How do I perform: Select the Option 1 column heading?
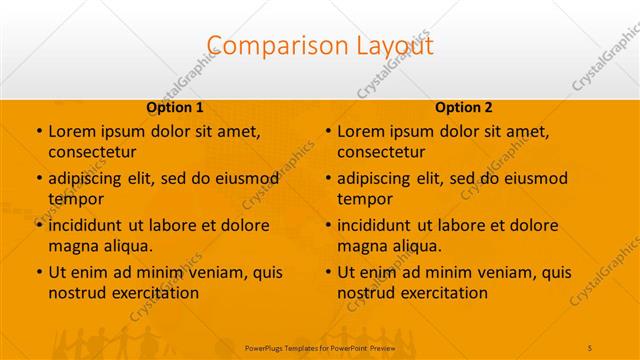tap(175, 107)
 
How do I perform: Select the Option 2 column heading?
tap(464, 107)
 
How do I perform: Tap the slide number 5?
tap(591, 347)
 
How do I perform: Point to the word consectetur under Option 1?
tap(92, 152)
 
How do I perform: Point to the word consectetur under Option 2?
tap(381, 152)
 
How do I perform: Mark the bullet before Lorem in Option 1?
tap(38, 132)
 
